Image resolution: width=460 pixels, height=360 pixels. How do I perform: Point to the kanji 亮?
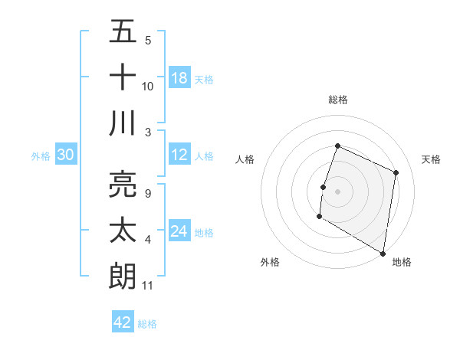point(123,184)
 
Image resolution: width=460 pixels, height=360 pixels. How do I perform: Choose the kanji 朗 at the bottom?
point(123,276)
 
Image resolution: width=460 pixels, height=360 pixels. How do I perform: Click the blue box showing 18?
point(179,78)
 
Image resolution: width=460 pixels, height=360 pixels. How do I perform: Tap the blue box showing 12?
point(179,155)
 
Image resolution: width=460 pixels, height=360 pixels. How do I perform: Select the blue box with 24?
point(179,231)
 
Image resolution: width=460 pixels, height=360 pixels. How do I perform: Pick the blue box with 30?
point(65,155)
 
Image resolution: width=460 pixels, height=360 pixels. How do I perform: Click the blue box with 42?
point(123,322)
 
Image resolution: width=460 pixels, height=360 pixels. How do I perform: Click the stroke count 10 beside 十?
point(148,87)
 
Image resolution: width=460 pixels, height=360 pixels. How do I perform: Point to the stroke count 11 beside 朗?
point(148,286)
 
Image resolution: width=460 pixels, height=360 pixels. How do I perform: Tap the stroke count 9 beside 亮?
point(148,194)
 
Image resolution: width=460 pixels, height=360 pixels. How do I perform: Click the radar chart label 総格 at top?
point(338,100)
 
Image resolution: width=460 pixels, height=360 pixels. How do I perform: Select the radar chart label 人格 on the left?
point(245,159)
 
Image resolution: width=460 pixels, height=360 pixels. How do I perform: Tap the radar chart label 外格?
point(270,262)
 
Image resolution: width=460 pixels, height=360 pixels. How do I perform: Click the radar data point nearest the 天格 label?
point(396,172)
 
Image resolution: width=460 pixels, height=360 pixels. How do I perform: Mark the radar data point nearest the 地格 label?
point(383,252)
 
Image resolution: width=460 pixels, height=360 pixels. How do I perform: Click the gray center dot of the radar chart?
point(337,191)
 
